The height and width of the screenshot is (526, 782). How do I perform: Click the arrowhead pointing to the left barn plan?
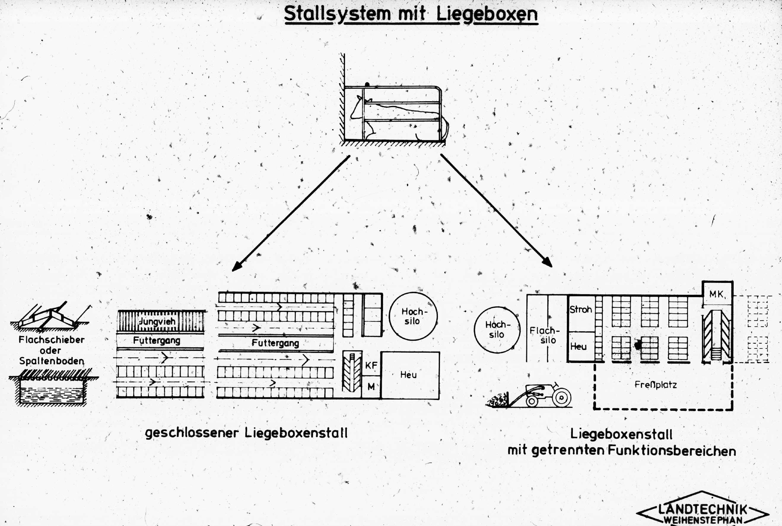point(237,266)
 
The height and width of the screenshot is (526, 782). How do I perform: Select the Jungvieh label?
point(157,321)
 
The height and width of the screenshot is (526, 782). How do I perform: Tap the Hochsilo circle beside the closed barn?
point(413,316)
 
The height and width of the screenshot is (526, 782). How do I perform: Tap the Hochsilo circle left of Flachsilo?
point(497,330)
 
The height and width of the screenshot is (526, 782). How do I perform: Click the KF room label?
point(371,365)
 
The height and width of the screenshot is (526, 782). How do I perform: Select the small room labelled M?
point(371,387)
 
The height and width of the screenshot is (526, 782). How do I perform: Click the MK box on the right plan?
point(717,293)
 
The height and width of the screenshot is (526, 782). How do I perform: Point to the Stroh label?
point(581,309)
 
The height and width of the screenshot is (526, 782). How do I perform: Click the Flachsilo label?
point(545,335)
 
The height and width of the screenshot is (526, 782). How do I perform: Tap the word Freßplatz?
point(656,384)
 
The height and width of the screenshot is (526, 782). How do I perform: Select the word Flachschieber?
point(52,340)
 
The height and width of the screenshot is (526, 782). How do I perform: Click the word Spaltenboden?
point(52,361)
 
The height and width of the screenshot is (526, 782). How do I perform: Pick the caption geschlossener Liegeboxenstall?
point(246,433)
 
